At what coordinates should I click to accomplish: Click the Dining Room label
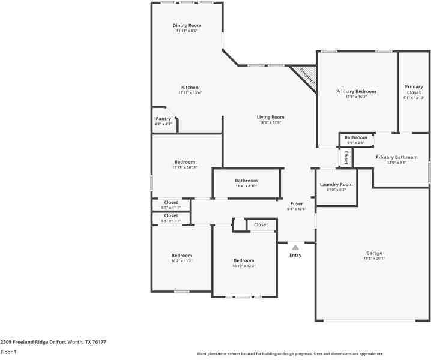[187, 25]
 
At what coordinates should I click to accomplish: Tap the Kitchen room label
[189, 88]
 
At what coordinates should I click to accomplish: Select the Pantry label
[163, 119]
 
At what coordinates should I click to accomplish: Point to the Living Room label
[270, 117]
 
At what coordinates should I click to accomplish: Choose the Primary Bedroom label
[356, 91]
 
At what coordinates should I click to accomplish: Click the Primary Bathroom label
[396, 157]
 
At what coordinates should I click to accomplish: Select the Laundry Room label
[336, 184]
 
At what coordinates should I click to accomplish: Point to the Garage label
[374, 253]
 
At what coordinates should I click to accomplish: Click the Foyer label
[297, 203]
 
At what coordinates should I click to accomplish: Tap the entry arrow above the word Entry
[295, 246]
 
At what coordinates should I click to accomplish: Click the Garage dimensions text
[374, 259]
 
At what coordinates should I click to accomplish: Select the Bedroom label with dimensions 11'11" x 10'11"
[184, 162]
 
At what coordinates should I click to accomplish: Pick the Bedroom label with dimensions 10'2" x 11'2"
[182, 255]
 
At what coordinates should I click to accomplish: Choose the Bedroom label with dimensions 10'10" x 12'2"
[244, 260]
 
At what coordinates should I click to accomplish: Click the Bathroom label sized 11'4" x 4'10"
[246, 181]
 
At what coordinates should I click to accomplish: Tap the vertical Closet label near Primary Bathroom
[346, 157]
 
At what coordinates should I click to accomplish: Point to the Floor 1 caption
[8, 352]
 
